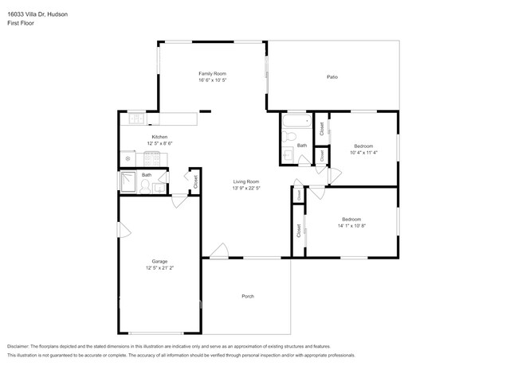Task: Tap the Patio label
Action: [332, 77]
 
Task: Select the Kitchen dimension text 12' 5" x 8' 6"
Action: [159, 144]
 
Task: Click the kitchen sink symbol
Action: [137, 120]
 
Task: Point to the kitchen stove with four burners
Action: [151, 159]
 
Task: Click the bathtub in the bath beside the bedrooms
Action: [295, 123]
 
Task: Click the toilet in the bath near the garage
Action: [145, 186]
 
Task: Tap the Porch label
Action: [247, 297]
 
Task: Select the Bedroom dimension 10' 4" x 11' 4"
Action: [364, 153]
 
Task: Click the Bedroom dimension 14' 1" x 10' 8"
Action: [351, 226]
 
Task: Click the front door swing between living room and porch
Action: [218, 253]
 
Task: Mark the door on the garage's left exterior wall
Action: [122, 230]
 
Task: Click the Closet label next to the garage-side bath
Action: [196, 181]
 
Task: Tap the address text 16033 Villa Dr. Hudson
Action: [38, 14]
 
